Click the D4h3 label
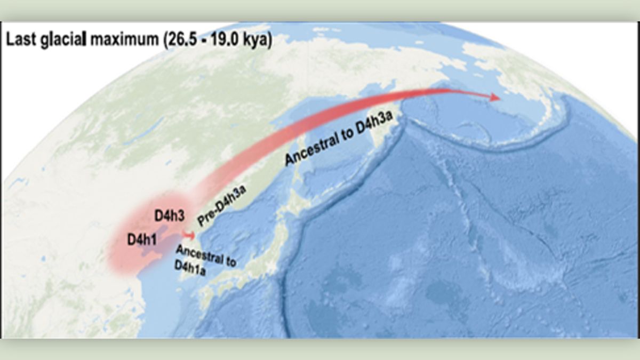coord(169,216)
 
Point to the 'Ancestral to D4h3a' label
coord(343,141)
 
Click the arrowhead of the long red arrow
coord(494,97)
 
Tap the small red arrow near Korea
coord(188,235)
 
